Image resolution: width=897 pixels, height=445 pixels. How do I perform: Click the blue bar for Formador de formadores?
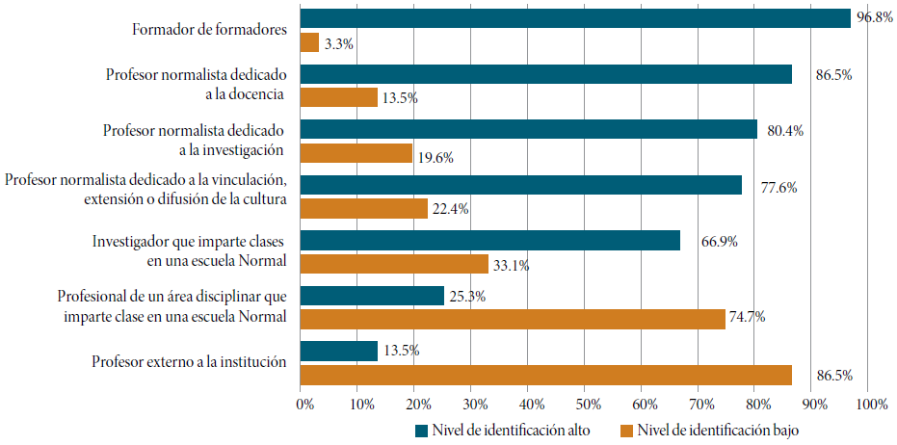click(x=575, y=18)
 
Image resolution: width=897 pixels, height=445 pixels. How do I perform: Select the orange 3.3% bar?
click(x=309, y=42)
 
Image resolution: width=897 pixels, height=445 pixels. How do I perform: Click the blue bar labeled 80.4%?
click(x=529, y=130)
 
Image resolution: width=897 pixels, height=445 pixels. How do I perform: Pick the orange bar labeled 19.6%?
click(x=356, y=153)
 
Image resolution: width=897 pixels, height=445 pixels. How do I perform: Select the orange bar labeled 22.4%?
click(x=364, y=208)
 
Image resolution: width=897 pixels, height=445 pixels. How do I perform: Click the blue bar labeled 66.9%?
click(x=490, y=241)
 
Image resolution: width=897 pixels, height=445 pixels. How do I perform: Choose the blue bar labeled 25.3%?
click(x=372, y=296)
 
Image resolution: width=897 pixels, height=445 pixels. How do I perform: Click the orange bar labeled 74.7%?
click(x=513, y=319)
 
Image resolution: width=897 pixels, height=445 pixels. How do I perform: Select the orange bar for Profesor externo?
click(x=546, y=375)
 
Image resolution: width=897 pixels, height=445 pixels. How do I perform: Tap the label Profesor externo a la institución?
click(x=190, y=362)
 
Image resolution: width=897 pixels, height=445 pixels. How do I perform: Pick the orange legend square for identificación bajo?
click(x=626, y=430)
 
